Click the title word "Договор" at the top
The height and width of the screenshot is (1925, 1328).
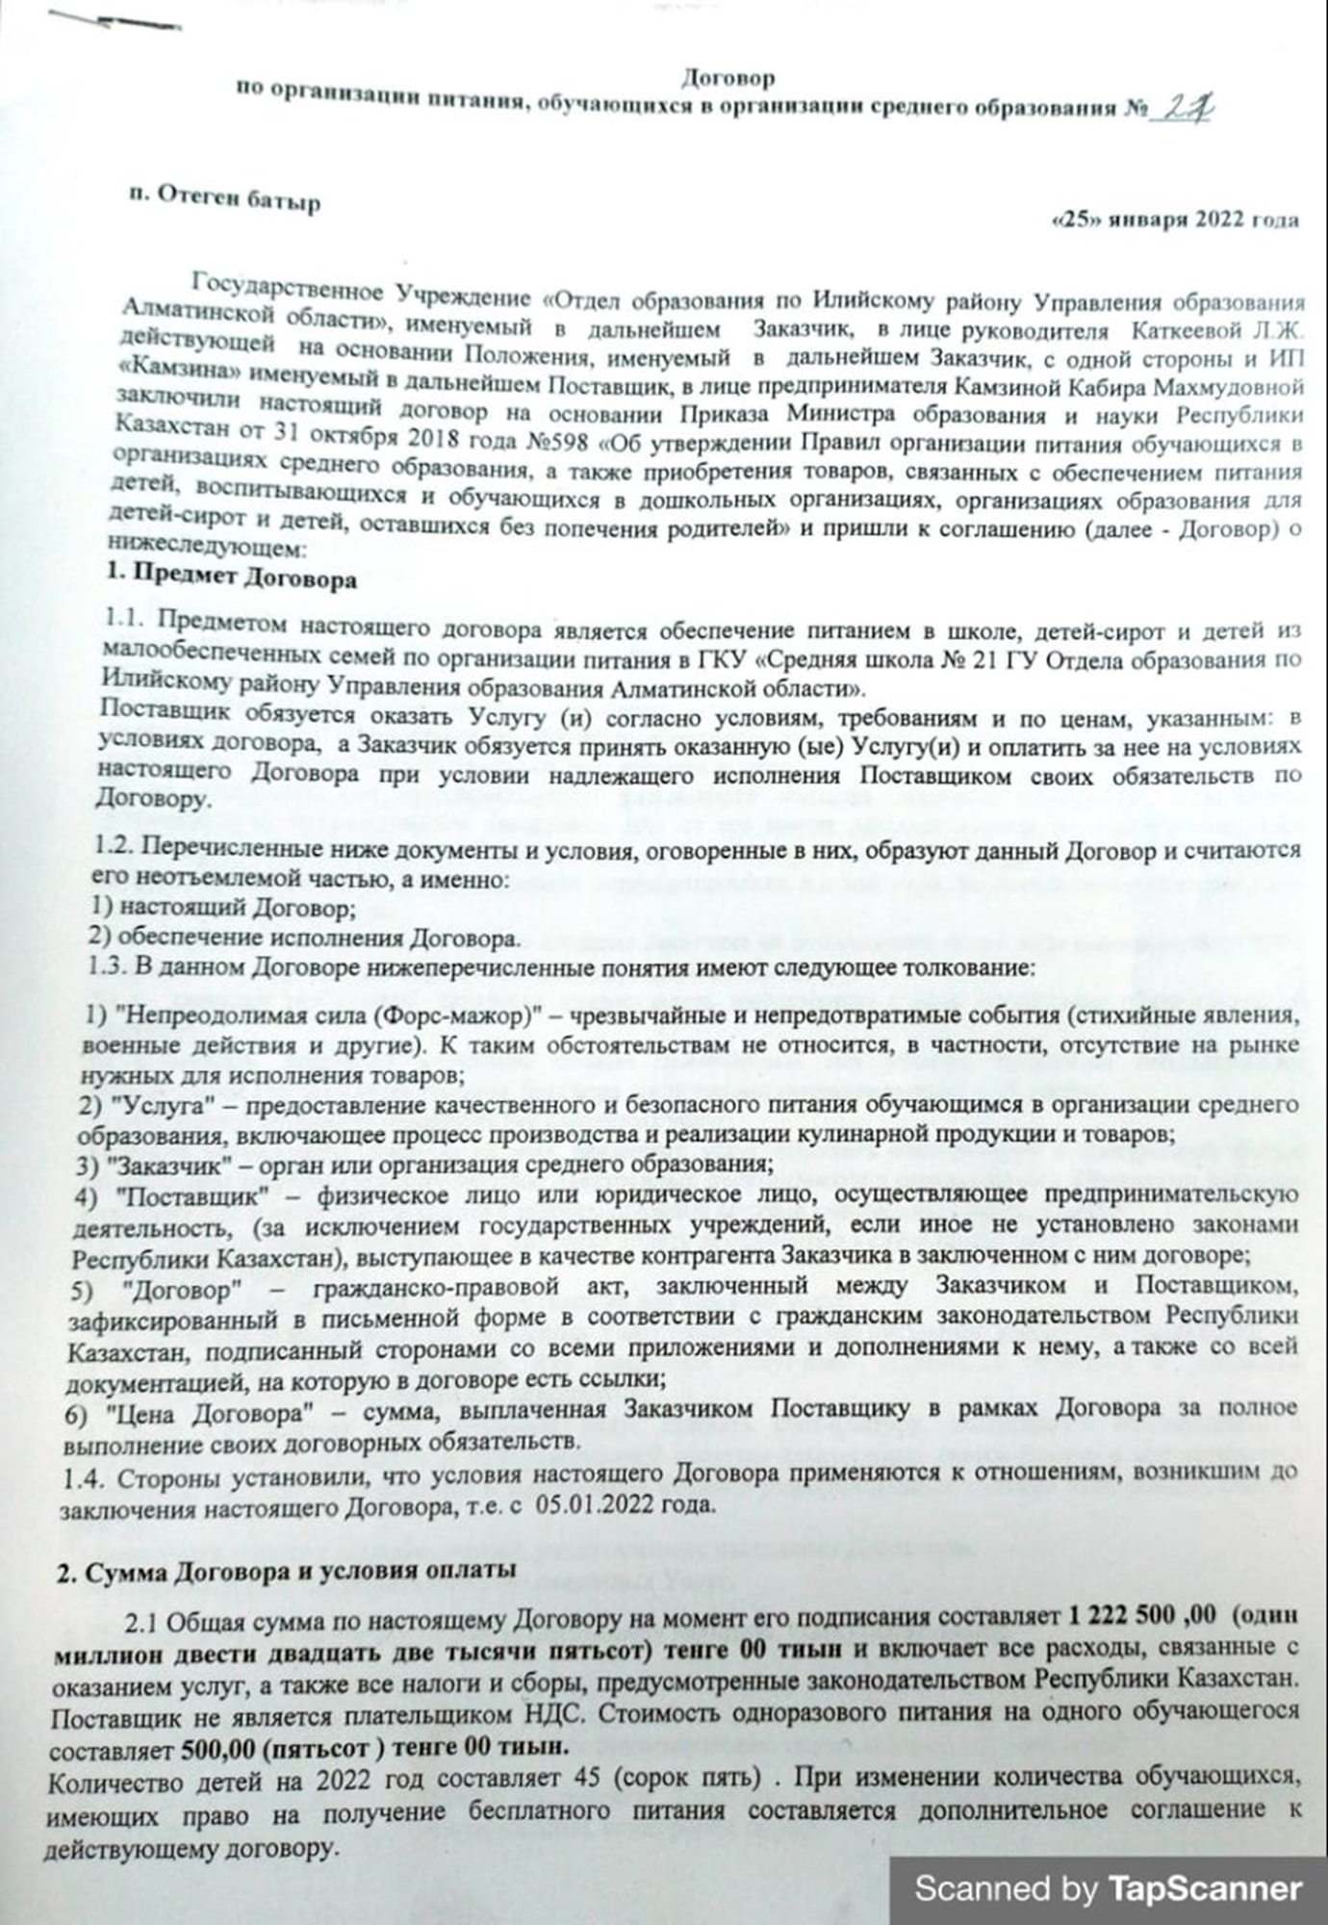point(728,76)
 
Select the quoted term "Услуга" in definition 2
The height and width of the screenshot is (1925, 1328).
point(155,1106)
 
